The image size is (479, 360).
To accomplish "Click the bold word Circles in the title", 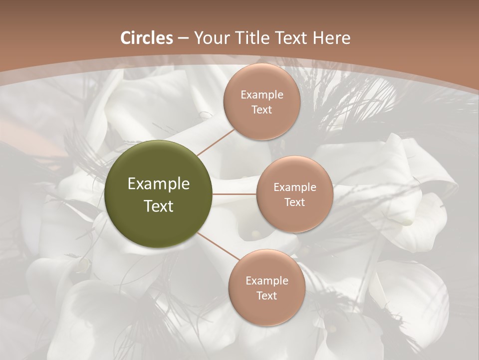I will pos(146,38).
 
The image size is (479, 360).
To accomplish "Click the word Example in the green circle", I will pos(158,184).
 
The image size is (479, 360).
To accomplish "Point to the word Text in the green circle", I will pos(158,205).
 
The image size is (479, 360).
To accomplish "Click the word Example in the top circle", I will pos(261,95).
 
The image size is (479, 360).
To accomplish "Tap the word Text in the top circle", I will pos(261,110).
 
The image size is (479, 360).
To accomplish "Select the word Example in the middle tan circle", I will pos(294,187).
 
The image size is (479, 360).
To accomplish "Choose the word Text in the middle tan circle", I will pos(294,202).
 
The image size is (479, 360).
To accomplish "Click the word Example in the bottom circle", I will pos(266,280).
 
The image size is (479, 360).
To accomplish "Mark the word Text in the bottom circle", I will pos(266,295).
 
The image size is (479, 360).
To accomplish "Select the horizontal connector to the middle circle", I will pos(235,194).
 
